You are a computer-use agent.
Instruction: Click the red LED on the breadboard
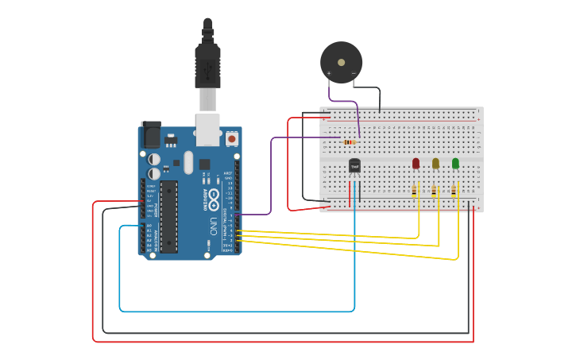416,163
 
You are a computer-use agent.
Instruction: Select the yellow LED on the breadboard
435,163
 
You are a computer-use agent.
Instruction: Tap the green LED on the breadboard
455,163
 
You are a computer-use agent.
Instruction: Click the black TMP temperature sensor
354,165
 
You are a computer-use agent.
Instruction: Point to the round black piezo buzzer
342,62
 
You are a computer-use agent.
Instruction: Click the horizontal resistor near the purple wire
350,141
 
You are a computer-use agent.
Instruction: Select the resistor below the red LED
415,191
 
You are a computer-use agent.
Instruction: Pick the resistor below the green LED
454,191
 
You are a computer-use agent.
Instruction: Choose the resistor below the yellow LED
435,191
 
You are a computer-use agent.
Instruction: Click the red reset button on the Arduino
232,138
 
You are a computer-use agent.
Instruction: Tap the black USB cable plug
207,64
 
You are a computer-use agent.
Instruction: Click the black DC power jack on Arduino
150,134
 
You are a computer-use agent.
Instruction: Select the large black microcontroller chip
168,216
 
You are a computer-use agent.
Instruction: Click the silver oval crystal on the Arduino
188,162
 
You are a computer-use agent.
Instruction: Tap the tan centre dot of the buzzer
342,61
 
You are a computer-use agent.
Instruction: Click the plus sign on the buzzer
329,73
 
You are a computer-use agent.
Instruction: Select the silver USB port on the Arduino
207,129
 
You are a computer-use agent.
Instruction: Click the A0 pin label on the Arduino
149,226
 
